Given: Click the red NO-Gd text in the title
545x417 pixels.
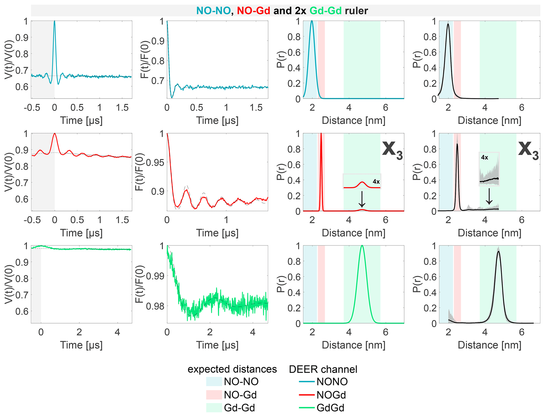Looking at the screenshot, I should point(253,11).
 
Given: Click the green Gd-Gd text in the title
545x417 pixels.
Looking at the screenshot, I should point(325,11).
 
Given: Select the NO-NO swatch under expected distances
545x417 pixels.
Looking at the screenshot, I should point(214,381).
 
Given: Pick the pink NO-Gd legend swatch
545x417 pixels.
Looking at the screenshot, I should point(214,395).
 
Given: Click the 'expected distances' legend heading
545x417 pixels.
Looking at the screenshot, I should point(232,369).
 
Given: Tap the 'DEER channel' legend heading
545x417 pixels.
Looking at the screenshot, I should point(323,369).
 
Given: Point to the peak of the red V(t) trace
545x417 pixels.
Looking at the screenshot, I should point(55,133).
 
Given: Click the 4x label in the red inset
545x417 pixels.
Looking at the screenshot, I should point(376,181).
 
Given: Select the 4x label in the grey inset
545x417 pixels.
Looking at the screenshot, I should point(484,158).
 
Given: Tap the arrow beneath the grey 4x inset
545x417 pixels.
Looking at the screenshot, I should point(489,196).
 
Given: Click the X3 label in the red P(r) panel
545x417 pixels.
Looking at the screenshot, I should point(392,151).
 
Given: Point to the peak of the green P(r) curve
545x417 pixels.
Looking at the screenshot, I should point(362,246).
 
